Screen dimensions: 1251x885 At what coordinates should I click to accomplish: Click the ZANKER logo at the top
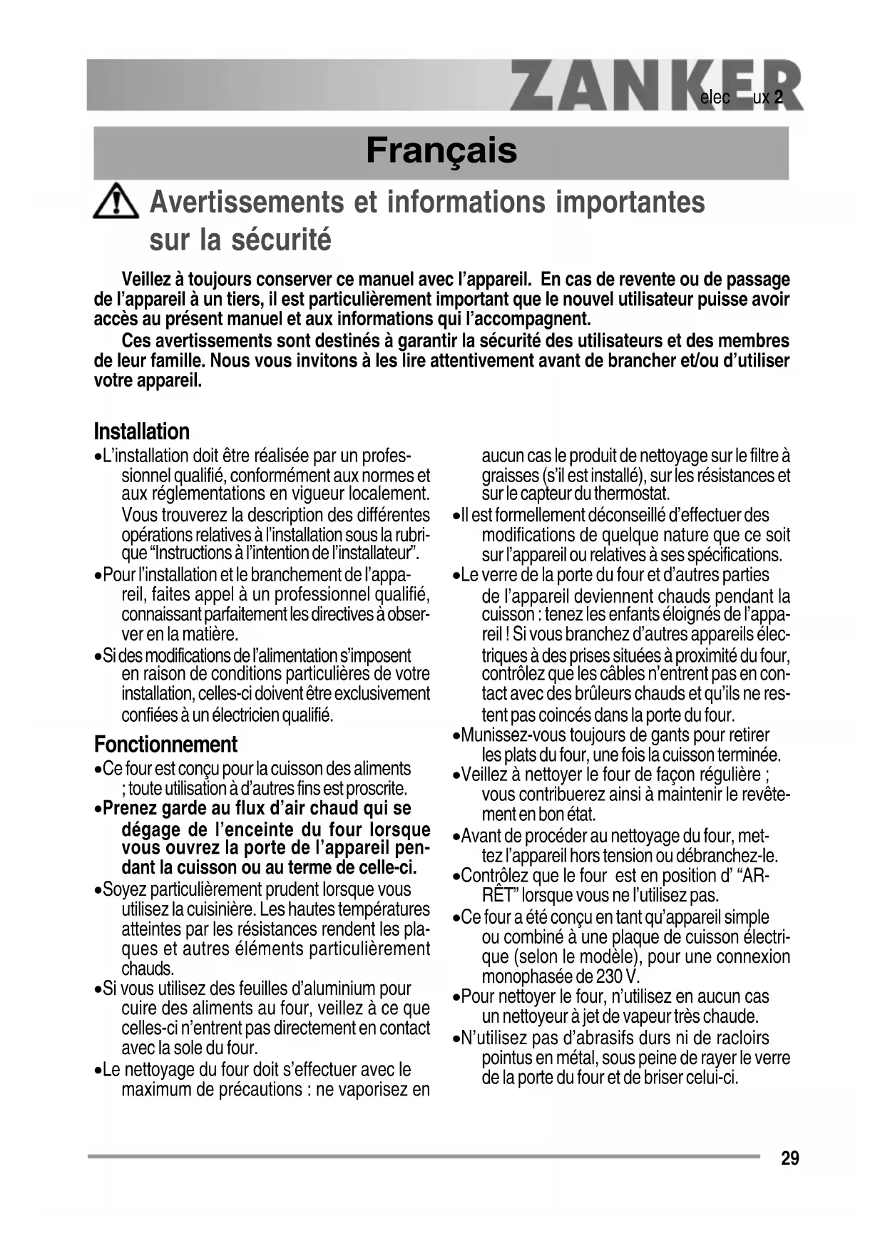(x=656, y=86)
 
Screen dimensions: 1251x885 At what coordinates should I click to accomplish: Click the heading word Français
(x=441, y=150)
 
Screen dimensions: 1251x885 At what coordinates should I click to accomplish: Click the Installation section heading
(x=142, y=432)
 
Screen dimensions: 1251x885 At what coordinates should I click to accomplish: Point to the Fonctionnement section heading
(x=165, y=745)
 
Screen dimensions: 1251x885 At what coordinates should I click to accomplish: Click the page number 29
(x=789, y=1158)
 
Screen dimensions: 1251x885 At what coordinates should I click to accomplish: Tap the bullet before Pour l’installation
(x=98, y=576)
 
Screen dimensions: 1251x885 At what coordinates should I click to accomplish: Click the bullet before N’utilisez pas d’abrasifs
(x=456, y=1039)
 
